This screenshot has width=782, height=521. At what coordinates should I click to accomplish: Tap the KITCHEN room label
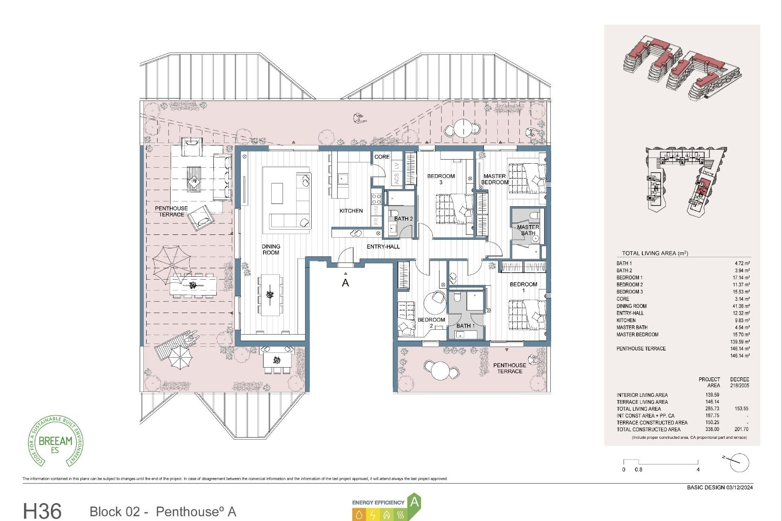coord(351,211)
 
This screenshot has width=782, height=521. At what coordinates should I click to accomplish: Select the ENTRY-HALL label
coord(383,247)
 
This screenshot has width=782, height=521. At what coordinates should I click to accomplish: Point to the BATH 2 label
coord(403,219)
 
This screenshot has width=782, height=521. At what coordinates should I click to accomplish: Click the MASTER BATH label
coord(528,230)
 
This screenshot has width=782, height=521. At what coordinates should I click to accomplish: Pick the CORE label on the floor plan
coord(382,157)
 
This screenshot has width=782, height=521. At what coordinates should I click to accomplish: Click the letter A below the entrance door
coord(345,283)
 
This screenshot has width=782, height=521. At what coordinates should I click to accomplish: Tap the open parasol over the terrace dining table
coord(172,265)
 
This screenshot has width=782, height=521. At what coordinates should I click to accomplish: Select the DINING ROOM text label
coord(271,250)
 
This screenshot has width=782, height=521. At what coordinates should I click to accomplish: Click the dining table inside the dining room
coord(270,294)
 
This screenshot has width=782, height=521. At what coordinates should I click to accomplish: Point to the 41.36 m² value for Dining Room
coord(741,306)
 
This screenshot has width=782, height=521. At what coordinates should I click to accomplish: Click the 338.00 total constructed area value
coord(712,429)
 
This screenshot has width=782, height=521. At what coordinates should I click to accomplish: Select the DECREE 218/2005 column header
coord(739,382)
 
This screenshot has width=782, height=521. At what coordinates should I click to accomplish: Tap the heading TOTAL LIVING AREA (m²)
coord(655,253)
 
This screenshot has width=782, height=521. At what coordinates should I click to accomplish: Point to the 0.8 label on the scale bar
coord(638,470)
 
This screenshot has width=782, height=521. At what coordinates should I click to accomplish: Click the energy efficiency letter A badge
coord(414,502)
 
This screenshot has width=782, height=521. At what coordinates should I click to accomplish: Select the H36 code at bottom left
coord(42,511)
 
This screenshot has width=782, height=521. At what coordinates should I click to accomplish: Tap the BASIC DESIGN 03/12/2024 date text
coord(720,488)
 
